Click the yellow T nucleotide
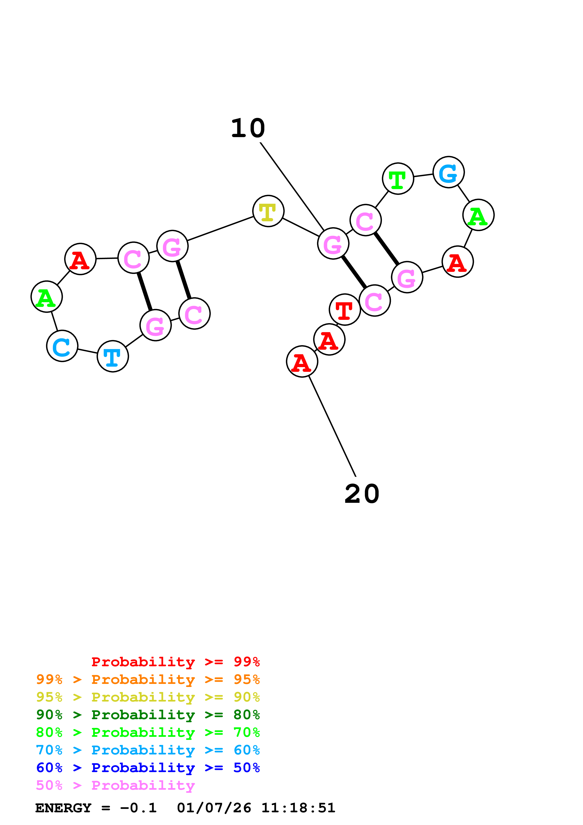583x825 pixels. coord(268,211)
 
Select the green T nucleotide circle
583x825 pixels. coord(398,178)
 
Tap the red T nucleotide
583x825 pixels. coord(345,309)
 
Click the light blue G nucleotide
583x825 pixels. coord(448,172)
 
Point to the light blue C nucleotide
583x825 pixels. coord(62,346)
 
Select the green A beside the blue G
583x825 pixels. coord(478,215)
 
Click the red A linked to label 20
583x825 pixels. coord(302,361)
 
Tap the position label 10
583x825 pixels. coord(248,128)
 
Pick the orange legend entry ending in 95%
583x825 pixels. coord(148,679)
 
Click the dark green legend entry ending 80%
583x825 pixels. coord(148,715)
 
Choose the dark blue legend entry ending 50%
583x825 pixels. coord(148,768)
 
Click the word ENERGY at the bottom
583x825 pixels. coord(63,808)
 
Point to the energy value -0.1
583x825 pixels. coord(138,808)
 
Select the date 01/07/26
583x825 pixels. coord(214,808)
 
